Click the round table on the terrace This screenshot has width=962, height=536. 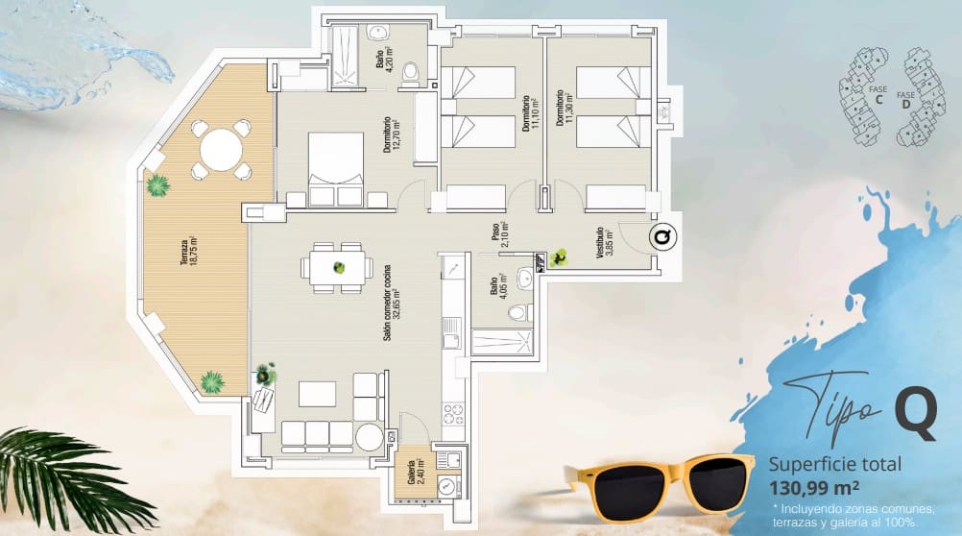[222, 150]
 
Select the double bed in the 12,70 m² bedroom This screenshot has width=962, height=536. [334, 168]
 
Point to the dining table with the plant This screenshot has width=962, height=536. [337, 268]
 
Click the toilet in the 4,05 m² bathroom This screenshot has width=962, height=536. [517, 312]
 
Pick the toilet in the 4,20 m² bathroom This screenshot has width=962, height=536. [411, 70]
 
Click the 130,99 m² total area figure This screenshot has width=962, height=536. [813, 485]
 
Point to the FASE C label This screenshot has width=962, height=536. [876, 92]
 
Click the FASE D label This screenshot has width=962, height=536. [905, 99]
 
